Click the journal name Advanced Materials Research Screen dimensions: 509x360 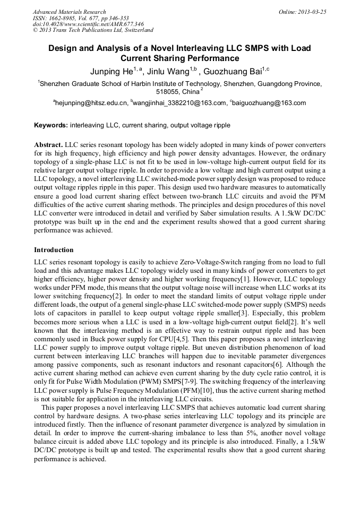pyautogui.click(x=69, y=12)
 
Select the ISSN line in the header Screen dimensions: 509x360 pyautogui.click(x=81, y=18)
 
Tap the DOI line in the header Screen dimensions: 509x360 pyautogui.click(x=88, y=24)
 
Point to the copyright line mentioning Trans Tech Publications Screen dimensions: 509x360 pyautogui.click(x=93, y=31)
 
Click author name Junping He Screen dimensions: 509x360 pyautogui.click(x=109, y=72)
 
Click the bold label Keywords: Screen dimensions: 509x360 pyautogui.click(x=51, y=126)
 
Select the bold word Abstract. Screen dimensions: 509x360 pyautogui.click(x=49, y=145)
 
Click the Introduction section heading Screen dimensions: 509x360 pyautogui.click(x=54, y=249)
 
